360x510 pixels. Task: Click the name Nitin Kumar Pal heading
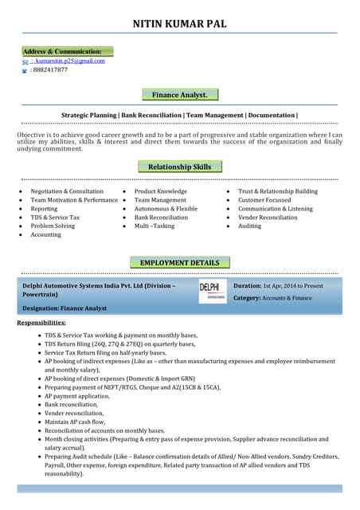coord(179,24)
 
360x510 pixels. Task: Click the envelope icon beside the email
coord(25,61)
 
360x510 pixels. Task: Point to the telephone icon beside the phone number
coord(25,71)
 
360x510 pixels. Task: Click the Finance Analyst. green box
coord(180,95)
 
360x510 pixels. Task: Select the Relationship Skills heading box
coord(180,167)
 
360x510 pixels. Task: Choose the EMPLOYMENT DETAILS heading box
coord(180,262)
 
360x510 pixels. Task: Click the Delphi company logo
coord(212,291)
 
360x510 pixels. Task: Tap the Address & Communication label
coord(67,51)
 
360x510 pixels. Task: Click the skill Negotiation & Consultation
coord(67,191)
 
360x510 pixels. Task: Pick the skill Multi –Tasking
coord(155,226)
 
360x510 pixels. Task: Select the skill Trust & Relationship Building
coord(277,191)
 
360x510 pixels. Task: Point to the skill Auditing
coord(249,226)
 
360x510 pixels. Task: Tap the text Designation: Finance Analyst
coord(65,308)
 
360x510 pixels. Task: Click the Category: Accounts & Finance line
coord(272,297)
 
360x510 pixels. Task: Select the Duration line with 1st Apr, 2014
coord(278,285)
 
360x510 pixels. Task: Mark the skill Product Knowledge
coord(160,191)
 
